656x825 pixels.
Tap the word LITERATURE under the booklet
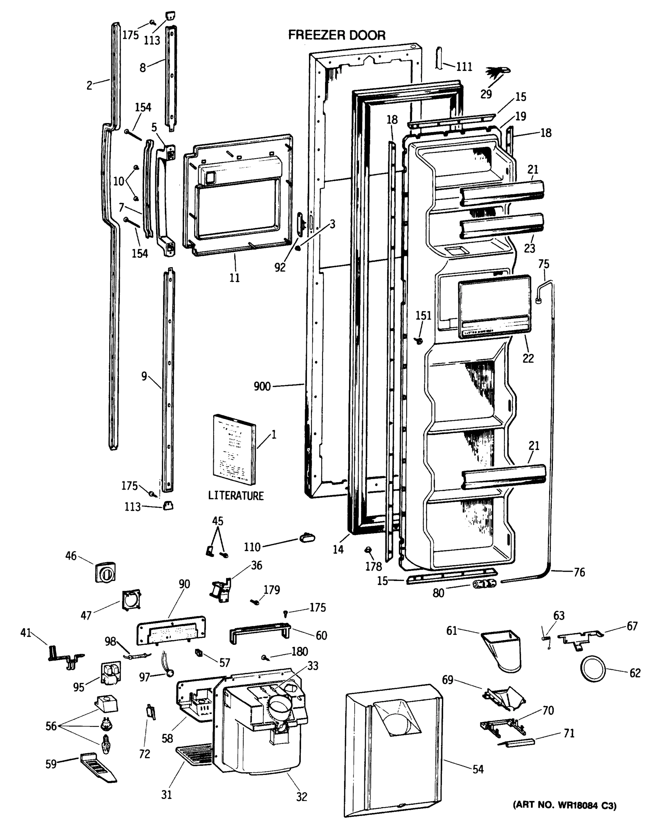pyautogui.click(x=236, y=496)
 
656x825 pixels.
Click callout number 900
pyautogui.click(x=262, y=386)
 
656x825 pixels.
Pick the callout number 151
pyautogui.click(x=423, y=316)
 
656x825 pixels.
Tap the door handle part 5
pyautogui.click(x=165, y=199)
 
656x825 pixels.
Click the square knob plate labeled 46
pyautogui.click(x=105, y=572)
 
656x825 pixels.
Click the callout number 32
pyautogui.click(x=301, y=797)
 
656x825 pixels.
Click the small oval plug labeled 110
pyautogui.click(x=307, y=538)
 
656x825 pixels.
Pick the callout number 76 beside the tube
pyautogui.click(x=579, y=572)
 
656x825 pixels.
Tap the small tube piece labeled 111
pyautogui.click(x=439, y=58)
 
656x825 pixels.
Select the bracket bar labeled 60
pyautogui.click(x=260, y=634)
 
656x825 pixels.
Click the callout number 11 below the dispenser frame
pyautogui.click(x=234, y=278)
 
